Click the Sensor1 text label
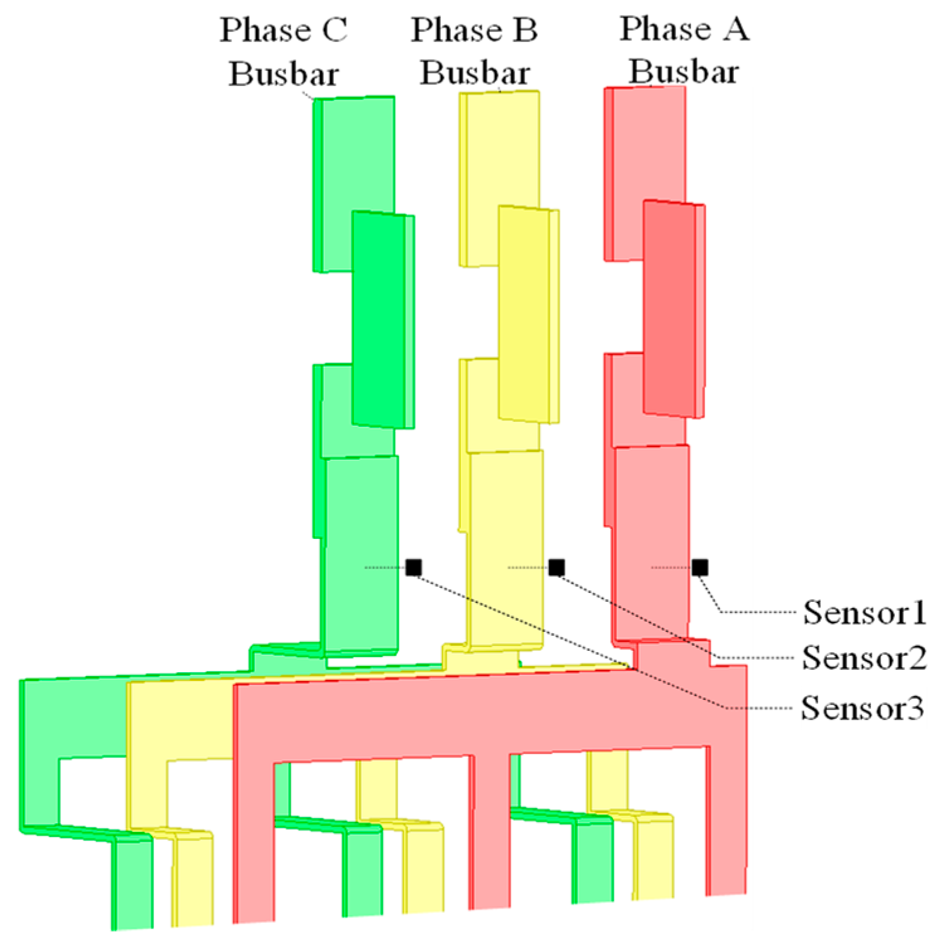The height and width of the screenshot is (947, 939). pos(864,612)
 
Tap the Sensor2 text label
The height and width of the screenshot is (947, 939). pos(864,658)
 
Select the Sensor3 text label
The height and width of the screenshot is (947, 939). pos(862,709)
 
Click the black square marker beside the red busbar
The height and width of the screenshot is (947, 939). pos(699,567)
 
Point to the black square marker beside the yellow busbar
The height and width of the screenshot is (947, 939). pos(557,567)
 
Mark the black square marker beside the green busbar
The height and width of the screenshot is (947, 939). pos(413,567)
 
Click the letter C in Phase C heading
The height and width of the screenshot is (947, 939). pos(335,30)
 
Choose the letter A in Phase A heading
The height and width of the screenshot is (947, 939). pos(735,29)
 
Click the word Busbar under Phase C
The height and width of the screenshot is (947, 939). pos(284,74)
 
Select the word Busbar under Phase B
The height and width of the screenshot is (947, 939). pos(475,73)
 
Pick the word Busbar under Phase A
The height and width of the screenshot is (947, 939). pos(684,71)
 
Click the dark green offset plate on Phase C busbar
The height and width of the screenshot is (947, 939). pos(378,319)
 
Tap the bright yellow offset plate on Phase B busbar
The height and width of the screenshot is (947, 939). pos(524,314)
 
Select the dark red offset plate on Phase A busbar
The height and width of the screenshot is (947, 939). pos(669,308)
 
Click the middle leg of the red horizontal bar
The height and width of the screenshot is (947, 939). pos(491,830)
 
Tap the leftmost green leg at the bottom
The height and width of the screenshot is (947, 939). pos(133,880)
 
